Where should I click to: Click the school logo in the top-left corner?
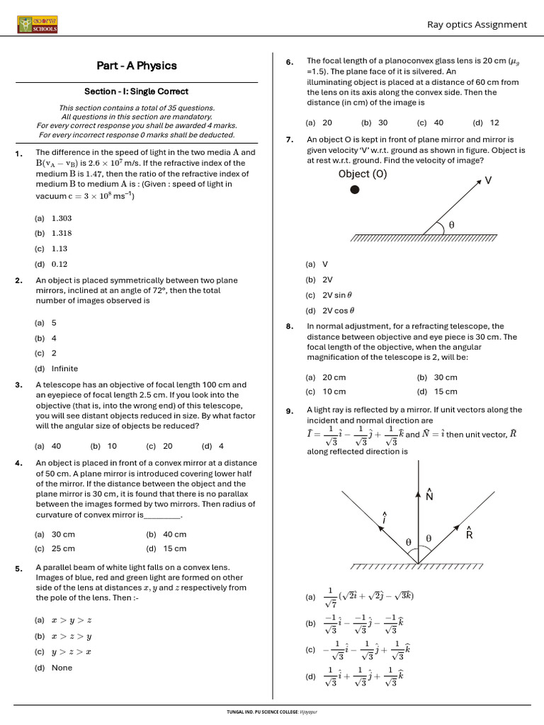coord(38,25)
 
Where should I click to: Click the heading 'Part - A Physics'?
coord(137,66)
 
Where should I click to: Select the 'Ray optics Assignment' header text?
coord(477,25)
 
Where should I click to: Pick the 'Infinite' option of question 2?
coord(64,369)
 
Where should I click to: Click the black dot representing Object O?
coord(355,190)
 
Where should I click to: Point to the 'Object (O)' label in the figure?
coord(363,174)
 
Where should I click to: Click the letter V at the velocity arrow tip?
coord(488,181)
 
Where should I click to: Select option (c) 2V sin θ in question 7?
coord(329,295)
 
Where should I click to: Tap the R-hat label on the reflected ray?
coord(469,533)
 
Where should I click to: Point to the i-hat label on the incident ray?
coord(384,518)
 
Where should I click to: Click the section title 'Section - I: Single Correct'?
coord(136,91)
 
